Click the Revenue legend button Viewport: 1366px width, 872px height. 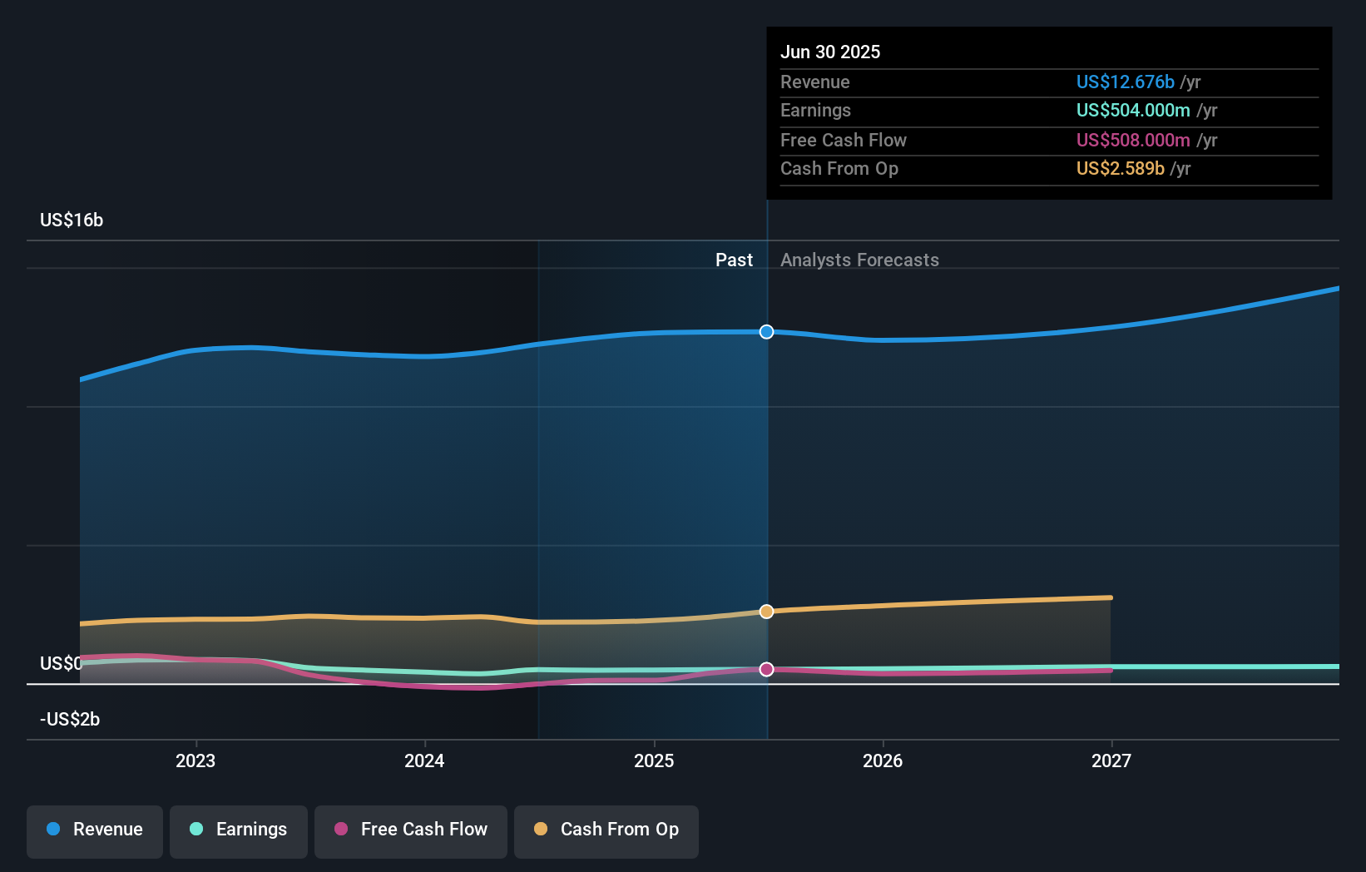coord(95,830)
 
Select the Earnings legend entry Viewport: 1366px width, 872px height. coord(239,830)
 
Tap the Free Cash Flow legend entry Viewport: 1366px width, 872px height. coord(411,830)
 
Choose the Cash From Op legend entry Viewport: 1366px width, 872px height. coord(606,830)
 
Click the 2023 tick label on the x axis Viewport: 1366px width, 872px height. coord(195,761)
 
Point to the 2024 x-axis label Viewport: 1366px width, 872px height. coord(424,761)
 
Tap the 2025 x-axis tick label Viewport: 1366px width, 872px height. coord(654,761)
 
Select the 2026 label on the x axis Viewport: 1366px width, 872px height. coord(883,761)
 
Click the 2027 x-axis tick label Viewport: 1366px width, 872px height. coord(1111,761)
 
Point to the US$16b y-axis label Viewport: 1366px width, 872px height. coord(72,220)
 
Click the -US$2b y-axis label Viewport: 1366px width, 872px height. coord(70,719)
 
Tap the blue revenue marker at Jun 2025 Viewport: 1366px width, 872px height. coord(766,332)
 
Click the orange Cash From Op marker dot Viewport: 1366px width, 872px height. coord(766,612)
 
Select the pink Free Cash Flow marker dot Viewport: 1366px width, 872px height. coord(766,669)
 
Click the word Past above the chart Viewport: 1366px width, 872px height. coord(734,260)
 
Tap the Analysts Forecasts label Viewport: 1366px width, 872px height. coord(859,260)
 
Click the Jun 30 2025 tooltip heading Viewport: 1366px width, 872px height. coord(830,52)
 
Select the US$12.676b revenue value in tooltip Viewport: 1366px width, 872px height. coord(1125,82)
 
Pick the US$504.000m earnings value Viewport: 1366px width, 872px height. coord(1132,110)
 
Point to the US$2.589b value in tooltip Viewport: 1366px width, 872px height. coord(1120,168)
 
